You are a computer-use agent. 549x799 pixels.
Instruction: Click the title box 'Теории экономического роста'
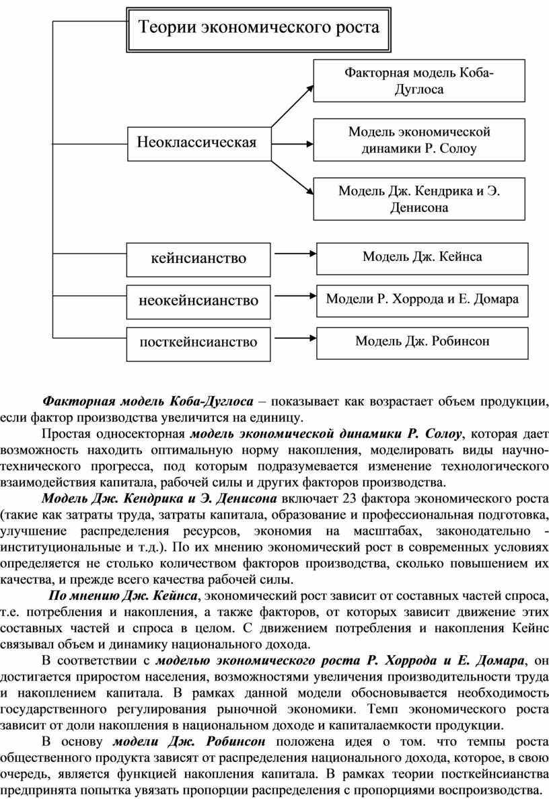tap(259, 28)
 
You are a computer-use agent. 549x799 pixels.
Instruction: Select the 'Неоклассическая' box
tap(197, 143)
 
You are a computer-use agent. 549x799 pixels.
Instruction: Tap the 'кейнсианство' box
tap(197, 258)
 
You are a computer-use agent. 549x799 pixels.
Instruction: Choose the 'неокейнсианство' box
tap(198, 300)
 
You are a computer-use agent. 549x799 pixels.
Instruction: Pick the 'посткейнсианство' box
tap(198, 342)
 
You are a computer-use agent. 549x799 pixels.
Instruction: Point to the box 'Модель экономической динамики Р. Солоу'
tap(418, 140)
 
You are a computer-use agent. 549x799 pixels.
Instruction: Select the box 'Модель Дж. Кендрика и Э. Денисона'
tap(418, 199)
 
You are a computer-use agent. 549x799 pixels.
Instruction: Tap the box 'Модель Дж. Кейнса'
tap(422, 256)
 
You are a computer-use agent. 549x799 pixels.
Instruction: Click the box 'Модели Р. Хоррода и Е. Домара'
tap(422, 299)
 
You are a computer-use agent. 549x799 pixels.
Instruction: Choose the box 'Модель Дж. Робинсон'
tap(422, 341)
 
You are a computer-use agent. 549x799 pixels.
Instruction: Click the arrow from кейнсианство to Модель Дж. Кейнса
tap(293, 254)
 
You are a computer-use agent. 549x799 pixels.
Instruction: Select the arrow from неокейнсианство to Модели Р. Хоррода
tap(293, 295)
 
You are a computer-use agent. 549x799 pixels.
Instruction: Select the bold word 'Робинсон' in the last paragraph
tap(235, 742)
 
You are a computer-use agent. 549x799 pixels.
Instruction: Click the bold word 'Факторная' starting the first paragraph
tap(79, 402)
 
